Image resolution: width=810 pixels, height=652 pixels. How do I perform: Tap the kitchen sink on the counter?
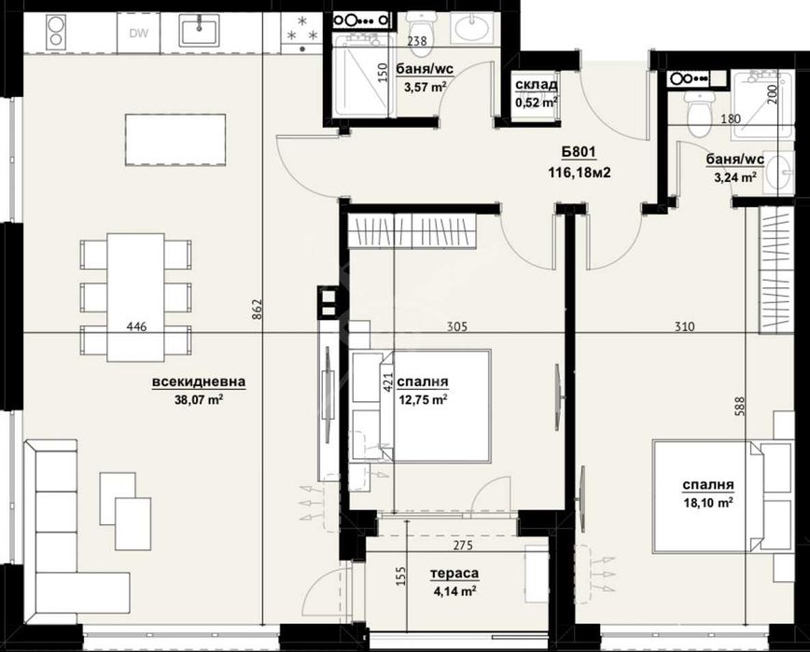tap(200, 32)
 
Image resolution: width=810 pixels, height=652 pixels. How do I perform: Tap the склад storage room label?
tap(536, 86)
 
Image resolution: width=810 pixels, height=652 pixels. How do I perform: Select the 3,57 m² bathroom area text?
tap(425, 87)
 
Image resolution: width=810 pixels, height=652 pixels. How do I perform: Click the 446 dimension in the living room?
tap(138, 326)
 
